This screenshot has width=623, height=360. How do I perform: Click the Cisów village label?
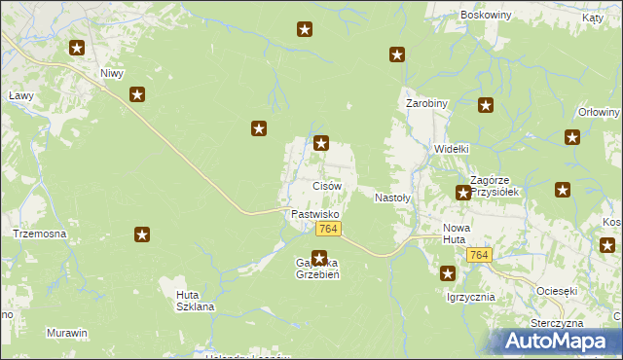326,185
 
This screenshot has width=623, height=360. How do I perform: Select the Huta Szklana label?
195,300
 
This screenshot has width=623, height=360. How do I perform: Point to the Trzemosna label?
39,234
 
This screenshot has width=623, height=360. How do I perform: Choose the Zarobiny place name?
426,102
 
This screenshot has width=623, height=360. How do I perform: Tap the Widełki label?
452,149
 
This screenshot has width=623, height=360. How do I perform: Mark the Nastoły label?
394,198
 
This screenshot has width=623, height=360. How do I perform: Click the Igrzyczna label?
470,297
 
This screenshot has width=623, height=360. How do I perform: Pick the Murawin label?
66,333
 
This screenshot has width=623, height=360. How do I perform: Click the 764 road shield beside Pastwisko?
328,229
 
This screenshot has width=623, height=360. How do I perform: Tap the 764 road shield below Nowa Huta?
478,254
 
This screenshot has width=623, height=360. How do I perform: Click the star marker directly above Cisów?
321,144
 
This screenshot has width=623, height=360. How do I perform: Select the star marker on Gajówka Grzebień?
318,259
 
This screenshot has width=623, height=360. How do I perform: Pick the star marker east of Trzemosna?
142,234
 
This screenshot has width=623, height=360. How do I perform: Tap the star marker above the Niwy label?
77,48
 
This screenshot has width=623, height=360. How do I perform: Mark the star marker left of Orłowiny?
571,137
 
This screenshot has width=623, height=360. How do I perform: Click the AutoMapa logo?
559,341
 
